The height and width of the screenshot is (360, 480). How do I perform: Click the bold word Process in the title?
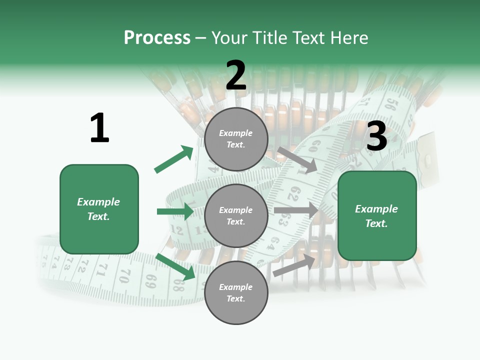(157, 38)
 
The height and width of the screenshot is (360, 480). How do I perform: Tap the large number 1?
(99, 128)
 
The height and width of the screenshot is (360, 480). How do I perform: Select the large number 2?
(236, 75)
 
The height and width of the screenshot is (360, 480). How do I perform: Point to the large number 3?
(377, 136)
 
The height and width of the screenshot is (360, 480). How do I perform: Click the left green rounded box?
(99, 209)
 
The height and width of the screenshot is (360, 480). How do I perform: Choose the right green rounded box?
(377, 216)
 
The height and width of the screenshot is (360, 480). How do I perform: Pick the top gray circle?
(236, 139)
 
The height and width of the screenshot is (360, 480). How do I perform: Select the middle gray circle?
(236, 216)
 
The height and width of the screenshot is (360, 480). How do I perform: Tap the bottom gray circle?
(236, 293)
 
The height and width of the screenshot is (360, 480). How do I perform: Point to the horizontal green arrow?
(175, 211)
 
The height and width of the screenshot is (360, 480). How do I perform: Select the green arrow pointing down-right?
(175, 266)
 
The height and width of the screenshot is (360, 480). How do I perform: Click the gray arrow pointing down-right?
(297, 159)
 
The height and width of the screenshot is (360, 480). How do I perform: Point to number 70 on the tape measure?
(125, 274)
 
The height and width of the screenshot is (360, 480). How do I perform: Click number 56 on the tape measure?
(390, 105)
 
